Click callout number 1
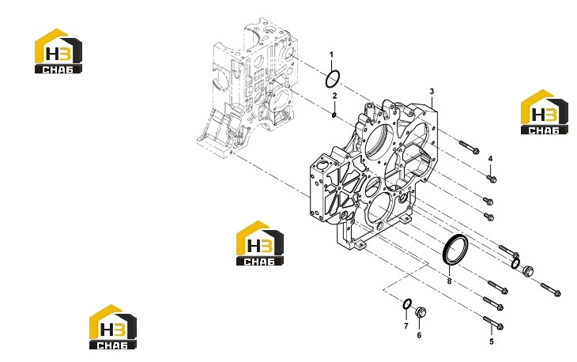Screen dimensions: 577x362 point(331,55)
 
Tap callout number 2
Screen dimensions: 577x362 point(334,96)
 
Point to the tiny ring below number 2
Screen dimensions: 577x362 point(334,115)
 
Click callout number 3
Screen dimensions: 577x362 point(432,91)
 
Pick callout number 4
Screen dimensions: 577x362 point(491,159)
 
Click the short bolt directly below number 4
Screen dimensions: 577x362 point(492,179)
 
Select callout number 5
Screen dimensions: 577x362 point(492,341)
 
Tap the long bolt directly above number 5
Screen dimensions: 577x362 point(493,322)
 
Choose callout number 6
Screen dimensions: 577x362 point(419,335)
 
